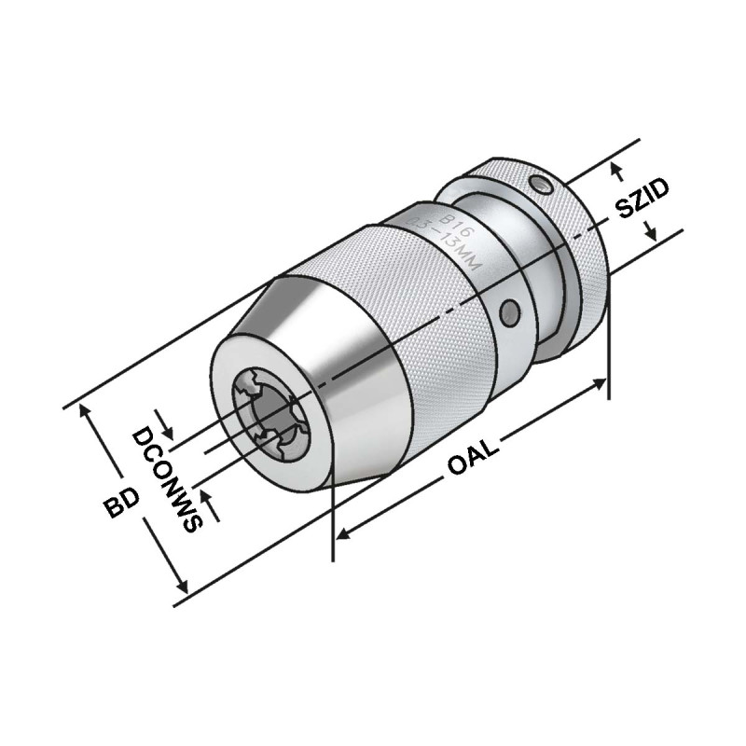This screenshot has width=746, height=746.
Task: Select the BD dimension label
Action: click(x=122, y=504)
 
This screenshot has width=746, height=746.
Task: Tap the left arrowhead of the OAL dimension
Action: click(x=343, y=534)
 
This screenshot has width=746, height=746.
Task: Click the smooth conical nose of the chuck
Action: click(x=336, y=373)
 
